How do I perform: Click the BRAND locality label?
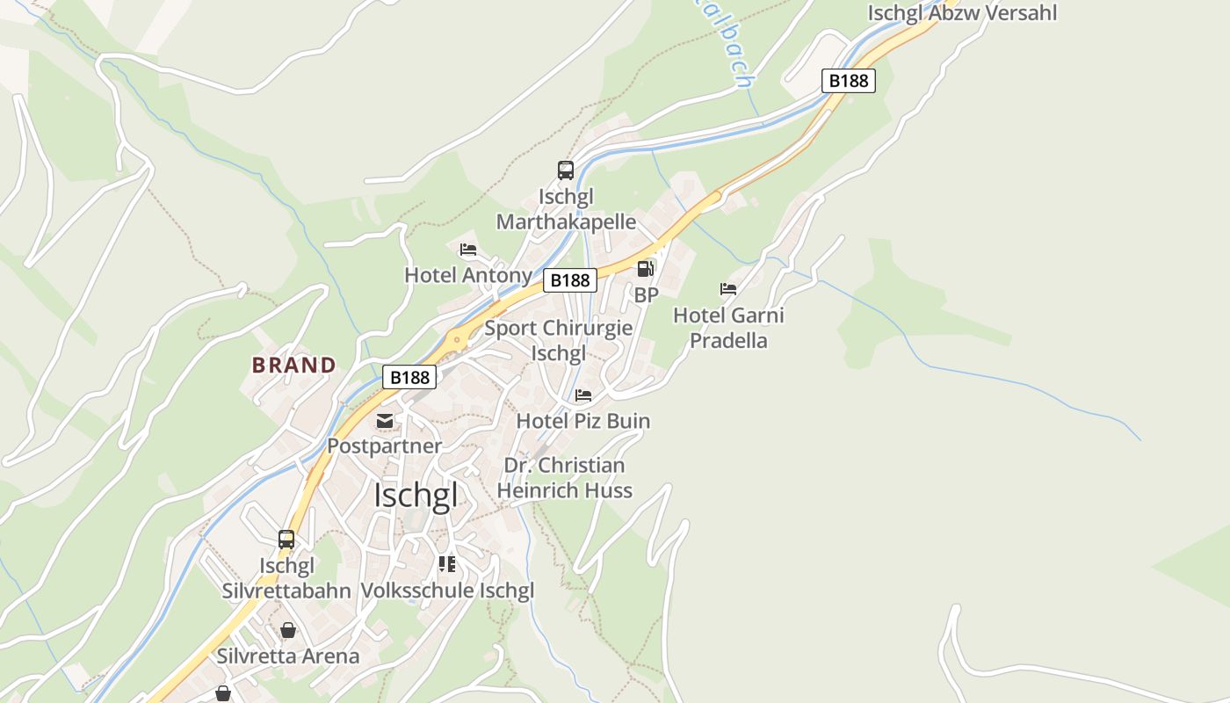293,366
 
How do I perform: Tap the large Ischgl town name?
416,496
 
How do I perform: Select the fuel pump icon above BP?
646,269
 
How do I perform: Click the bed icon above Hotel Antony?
468,250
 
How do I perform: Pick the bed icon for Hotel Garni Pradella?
728,289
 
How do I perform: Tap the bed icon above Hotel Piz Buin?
583,395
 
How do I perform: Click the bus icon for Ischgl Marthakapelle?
566,170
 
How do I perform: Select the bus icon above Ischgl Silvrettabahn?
286,540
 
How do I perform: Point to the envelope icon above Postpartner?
385,421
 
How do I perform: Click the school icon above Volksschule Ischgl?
447,564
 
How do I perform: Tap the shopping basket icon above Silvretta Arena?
288,630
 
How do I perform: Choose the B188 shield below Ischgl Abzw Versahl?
849,81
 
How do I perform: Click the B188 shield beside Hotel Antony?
570,280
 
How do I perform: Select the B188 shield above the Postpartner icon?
409,377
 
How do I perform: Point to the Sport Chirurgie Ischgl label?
559,341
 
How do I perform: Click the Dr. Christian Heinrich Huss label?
565,478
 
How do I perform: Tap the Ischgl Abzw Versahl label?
962,13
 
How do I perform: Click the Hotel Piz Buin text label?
583,421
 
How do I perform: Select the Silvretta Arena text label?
288,656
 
